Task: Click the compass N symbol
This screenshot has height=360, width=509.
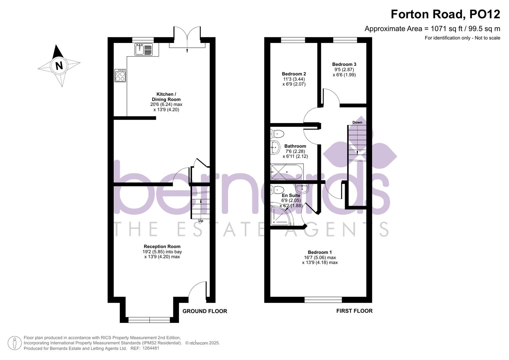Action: pyautogui.click(x=59, y=65)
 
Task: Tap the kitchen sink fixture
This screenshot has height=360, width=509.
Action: pyautogui.click(x=144, y=50)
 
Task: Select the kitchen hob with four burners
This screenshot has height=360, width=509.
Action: pyautogui.click(x=120, y=76)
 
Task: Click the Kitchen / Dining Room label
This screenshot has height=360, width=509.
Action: pyautogui.click(x=166, y=97)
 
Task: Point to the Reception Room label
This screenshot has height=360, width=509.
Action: pyautogui.click(x=162, y=247)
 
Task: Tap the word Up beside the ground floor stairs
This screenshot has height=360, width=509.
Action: pyautogui.click(x=201, y=221)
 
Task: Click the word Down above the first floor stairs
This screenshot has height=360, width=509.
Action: pyautogui.click(x=357, y=122)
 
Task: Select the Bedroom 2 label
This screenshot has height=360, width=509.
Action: pyautogui.click(x=294, y=74)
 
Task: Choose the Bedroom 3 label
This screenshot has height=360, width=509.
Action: pyautogui.click(x=344, y=64)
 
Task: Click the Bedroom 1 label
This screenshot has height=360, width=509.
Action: pyautogui.click(x=320, y=252)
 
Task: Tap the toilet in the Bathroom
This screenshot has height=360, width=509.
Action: pyautogui.click(x=277, y=134)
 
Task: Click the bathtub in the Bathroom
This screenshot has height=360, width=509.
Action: pyautogui.click(x=287, y=172)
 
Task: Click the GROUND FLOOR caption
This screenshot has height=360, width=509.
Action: pyautogui.click(x=205, y=311)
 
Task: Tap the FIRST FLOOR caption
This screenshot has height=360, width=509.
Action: pyautogui.click(x=354, y=311)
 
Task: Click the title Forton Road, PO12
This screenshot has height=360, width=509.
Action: pyautogui.click(x=445, y=14)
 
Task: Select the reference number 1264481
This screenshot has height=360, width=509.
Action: pyautogui.click(x=151, y=348)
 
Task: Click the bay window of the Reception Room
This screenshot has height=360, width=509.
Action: pyautogui.click(x=149, y=320)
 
